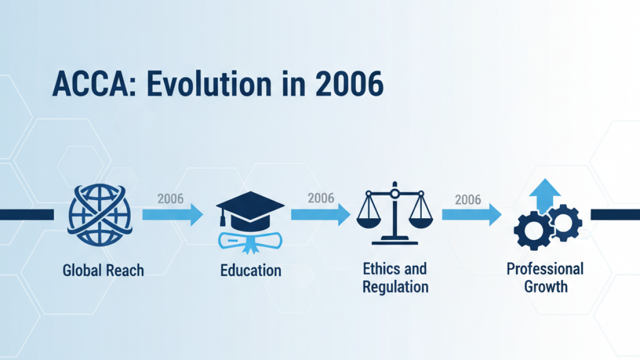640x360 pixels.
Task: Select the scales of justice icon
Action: [x=395, y=213]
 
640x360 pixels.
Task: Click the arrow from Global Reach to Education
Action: [x=172, y=215]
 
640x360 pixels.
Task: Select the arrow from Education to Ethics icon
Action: [x=321, y=215]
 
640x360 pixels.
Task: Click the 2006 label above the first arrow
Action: [x=170, y=199]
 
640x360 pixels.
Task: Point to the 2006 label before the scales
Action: [x=321, y=198]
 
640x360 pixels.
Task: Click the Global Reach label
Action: [x=103, y=270]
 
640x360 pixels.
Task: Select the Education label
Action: [x=251, y=270]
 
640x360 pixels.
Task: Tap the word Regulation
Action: [x=396, y=287]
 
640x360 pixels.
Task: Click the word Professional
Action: [x=545, y=268]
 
